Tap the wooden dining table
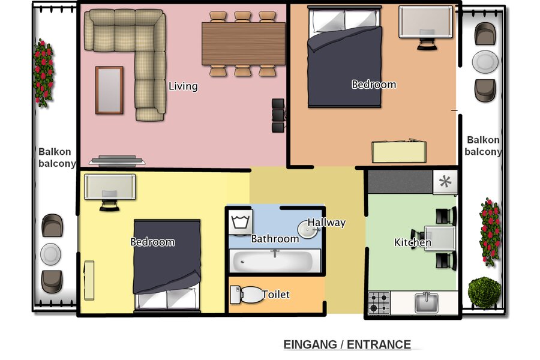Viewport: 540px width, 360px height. [243, 44]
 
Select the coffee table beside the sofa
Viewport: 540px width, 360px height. [109, 90]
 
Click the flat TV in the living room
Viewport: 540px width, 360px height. [116, 161]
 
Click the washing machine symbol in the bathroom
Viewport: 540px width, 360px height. [241, 221]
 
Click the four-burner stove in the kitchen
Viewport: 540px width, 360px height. [379, 302]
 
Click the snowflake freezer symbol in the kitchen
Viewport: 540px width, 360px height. [445, 182]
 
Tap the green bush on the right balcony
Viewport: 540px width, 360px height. [484, 292]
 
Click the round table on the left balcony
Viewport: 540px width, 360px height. [50, 254]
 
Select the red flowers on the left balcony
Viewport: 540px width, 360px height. [43, 72]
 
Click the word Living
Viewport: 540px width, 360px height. [183, 86]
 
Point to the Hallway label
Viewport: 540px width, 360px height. [327, 223]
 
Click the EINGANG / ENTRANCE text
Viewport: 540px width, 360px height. [347, 344]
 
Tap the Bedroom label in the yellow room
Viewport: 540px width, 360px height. [152, 242]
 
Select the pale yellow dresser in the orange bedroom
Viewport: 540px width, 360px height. [399, 151]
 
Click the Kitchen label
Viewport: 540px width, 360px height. [412, 243]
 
